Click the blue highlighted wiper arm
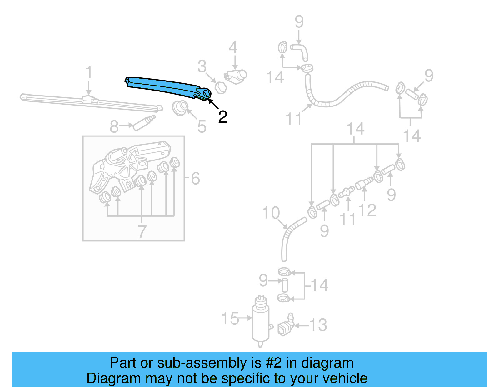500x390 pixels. point(166,86)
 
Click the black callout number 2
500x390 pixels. point(222,117)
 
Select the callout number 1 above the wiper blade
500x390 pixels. point(89,72)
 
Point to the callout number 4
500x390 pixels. point(233,48)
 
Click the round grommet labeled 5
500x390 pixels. point(180,107)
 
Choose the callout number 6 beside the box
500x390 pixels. point(195,179)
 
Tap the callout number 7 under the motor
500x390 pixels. point(142,231)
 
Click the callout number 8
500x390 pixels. point(114,126)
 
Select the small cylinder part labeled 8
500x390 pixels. point(144,122)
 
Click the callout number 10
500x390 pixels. point(271,213)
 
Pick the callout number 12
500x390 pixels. point(367,210)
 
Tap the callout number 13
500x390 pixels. point(318,325)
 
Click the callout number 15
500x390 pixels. point(230,319)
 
